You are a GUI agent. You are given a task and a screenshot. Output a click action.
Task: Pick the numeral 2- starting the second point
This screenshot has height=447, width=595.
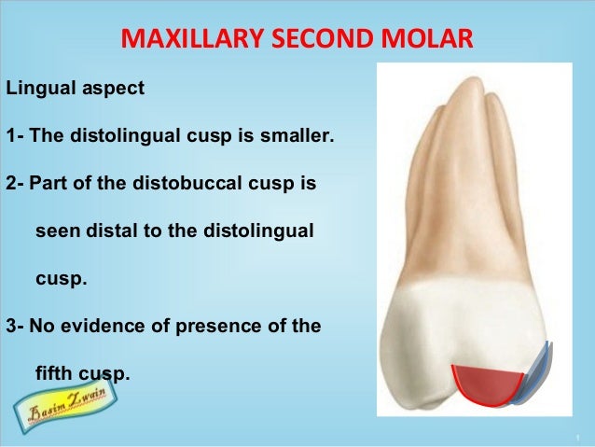tap(15, 183)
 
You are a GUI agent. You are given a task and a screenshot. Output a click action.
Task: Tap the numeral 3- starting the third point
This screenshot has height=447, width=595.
tap(15, 327)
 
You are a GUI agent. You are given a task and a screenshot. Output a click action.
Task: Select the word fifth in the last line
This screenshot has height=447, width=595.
tap(54, 374)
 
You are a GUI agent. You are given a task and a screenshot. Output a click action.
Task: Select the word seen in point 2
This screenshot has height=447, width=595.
tap(54, 230)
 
